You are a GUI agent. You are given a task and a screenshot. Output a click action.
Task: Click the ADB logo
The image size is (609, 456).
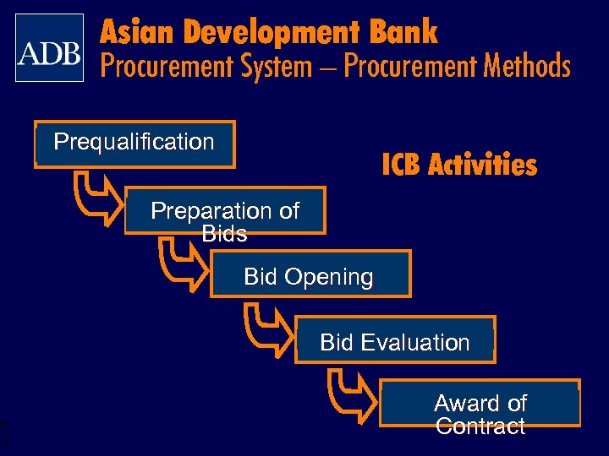coord(49,48)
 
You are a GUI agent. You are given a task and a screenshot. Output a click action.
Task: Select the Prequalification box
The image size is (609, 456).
coord(134,144)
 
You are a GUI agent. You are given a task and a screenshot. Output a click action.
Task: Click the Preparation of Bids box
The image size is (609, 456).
coord(225,210)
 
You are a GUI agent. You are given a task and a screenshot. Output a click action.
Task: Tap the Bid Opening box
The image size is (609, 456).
coord(310,274)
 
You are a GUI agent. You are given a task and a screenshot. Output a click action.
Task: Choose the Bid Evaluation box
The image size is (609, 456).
coord(395,340)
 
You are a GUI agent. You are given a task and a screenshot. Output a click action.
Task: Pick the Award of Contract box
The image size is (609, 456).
coord(480,404)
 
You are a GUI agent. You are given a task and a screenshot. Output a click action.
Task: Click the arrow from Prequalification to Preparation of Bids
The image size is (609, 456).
coord(96,199)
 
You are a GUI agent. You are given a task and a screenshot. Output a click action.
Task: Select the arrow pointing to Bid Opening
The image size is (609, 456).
coord(182,263)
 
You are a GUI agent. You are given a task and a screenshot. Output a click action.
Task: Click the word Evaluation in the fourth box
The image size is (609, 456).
coord(414,343)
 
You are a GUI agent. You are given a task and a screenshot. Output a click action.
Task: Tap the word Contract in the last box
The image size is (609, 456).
coord(480,426)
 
